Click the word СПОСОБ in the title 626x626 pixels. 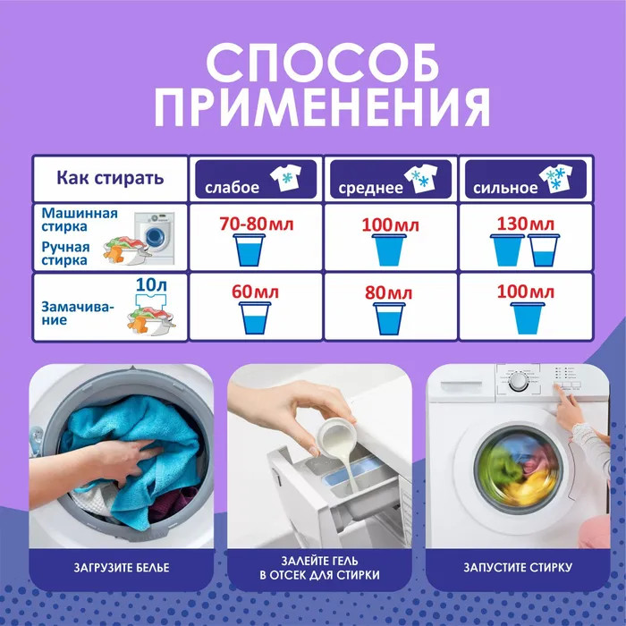click(x=323, y=63)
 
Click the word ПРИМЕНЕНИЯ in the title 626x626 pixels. click(x=322, y=107)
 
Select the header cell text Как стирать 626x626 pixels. click(x=110, y=178)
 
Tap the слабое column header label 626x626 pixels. click(x=232, y=187)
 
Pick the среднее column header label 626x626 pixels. click(x=370, y=188)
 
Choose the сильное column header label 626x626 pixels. click(x=505, y=188)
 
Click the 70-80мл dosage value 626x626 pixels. click(x=257, y=224)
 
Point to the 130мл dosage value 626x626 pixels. click(x=526, y=224)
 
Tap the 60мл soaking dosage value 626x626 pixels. click(x=255, y=292)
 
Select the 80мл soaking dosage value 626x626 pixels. click(x=388, y=292)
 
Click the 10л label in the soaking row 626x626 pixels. click(x=151, y=284)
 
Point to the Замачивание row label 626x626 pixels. click(x=78, y=313)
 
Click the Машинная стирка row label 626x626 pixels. click(x=80, y=220)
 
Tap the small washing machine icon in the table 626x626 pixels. click(x=155, y=238)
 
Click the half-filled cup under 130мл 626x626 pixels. click(x=544, y=250)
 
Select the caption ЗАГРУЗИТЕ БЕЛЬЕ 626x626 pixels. click(x=122, y=567)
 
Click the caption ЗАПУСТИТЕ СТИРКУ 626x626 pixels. click(x=518, y=567)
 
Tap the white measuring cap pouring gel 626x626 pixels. click(x=335, y=437)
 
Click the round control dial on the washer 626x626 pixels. click(x=518, y=382)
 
